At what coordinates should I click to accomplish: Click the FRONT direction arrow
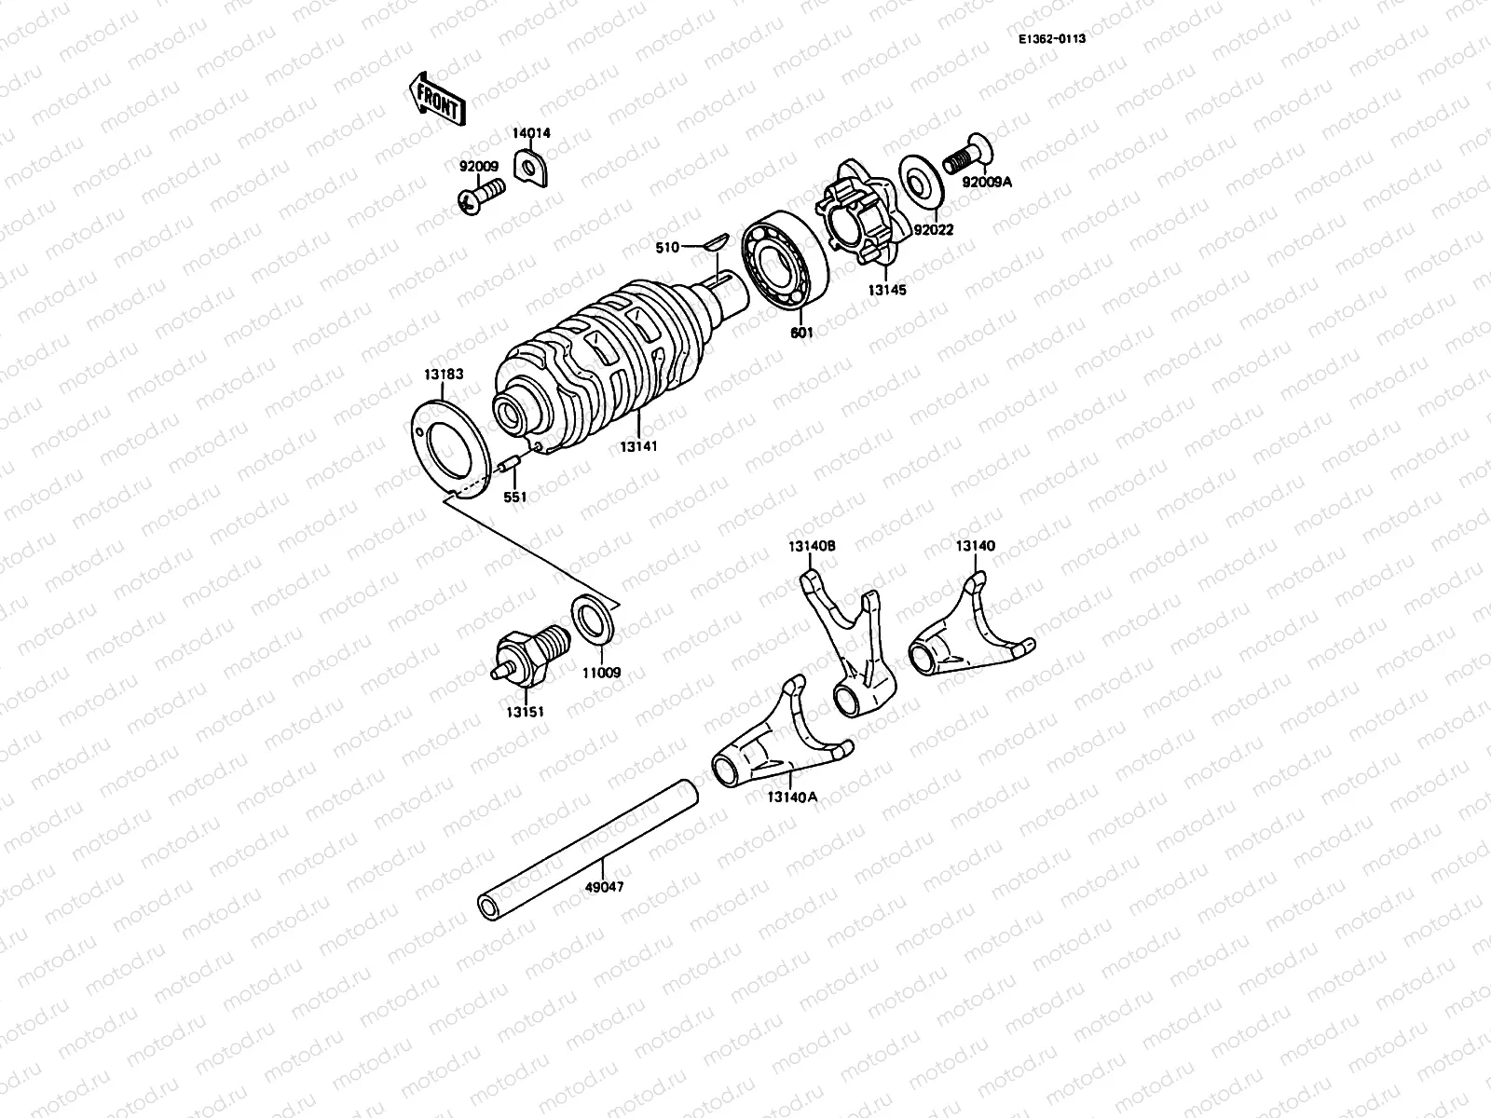pyautogui.click(x=435, y=99)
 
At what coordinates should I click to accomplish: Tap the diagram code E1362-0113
pyautogui.click(x=1051, y=38)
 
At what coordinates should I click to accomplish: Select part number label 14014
pyautogui.click(x=531, y=133)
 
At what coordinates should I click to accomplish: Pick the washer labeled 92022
pyautogui.click(x=922, y=180)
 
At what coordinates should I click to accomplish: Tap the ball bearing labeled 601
pyautogui.click(x=785, y=266)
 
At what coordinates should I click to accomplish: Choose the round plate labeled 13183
pyautogui.click(x=452, y=448)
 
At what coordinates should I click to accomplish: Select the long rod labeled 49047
pyautogui.click(x=587, y=843)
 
